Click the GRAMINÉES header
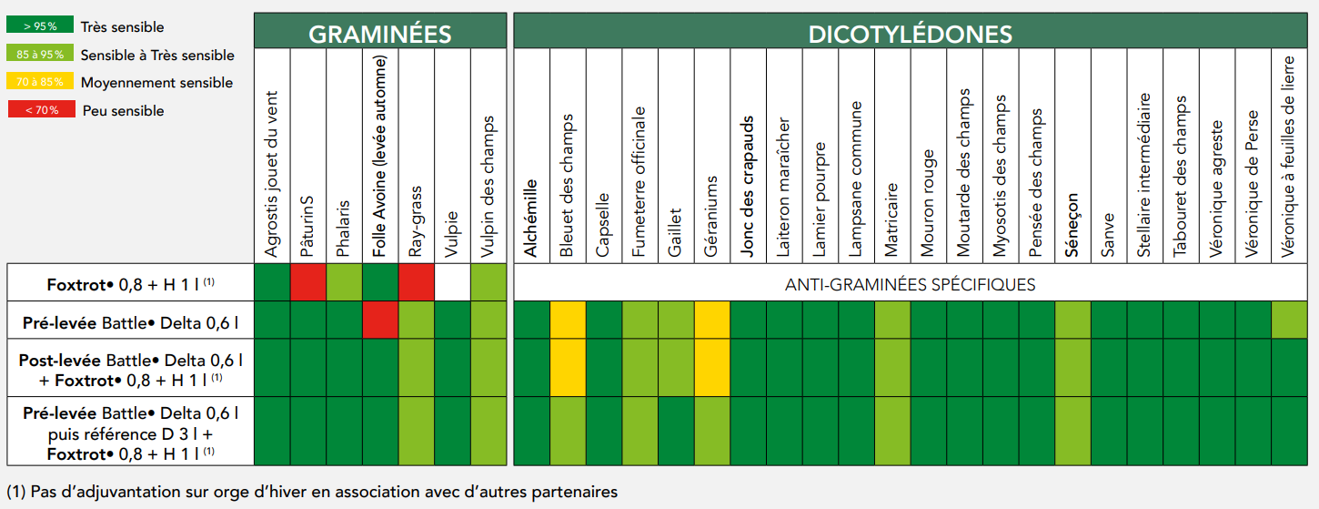(380, 35)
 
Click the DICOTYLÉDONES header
(911, 35)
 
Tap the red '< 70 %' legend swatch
(41, 109)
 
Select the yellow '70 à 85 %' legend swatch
(39, 81)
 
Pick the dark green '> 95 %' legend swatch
(39, 25)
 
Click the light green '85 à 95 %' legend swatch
(39, 53)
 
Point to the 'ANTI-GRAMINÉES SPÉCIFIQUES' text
(910, 284)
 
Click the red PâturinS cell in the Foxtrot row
(308, 282)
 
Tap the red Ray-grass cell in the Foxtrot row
(417, 282)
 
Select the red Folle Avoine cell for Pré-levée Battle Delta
(380, 320)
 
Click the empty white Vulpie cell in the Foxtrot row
(452, 282)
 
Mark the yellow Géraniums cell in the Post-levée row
(712, 368)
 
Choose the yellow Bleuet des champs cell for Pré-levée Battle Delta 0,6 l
(568, 320)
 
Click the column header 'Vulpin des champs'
(488, 186)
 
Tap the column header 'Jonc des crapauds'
(747, 186)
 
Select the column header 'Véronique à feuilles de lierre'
(1288, 157)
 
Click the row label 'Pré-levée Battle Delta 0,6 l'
(131, 323)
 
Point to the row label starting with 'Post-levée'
(131, 370)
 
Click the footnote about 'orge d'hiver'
(312, 492)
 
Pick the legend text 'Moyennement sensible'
(156, 83)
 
